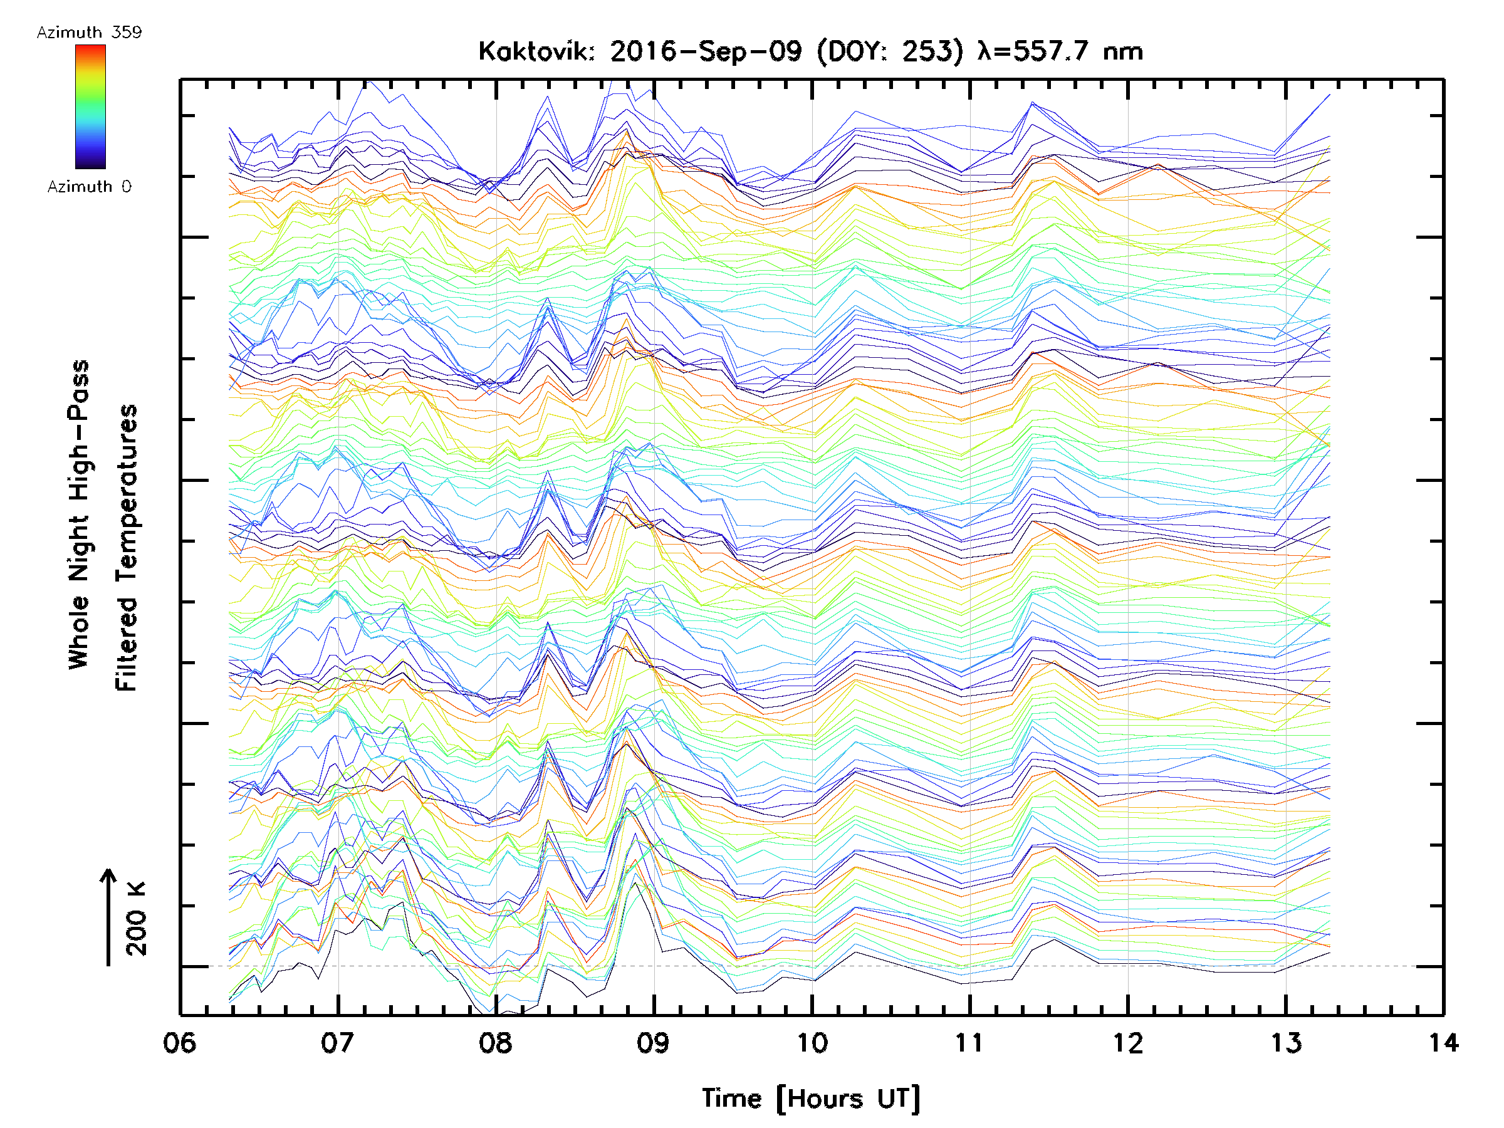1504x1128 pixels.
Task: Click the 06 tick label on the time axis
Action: (179, 1043)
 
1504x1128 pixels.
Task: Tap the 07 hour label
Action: (337, 1043)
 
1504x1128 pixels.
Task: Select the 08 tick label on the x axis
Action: (496, 1043)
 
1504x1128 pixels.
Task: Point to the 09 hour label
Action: (654, 1043)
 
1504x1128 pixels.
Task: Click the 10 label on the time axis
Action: (812, 1043)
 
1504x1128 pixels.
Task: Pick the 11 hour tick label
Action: (969, 1043)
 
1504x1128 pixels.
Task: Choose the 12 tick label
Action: (1128, 1043)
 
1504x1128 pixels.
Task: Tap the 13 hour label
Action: (1286, 1043)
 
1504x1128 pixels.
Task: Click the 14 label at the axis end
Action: (1443, 1043)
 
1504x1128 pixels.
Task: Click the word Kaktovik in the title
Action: (536, 51)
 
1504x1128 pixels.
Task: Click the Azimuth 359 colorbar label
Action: (89, 33)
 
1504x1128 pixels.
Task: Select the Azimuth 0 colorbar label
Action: (89, 187)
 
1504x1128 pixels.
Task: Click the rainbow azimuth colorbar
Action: (90, 107)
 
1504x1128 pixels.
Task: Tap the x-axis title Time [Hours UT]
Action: (811, 1099)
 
